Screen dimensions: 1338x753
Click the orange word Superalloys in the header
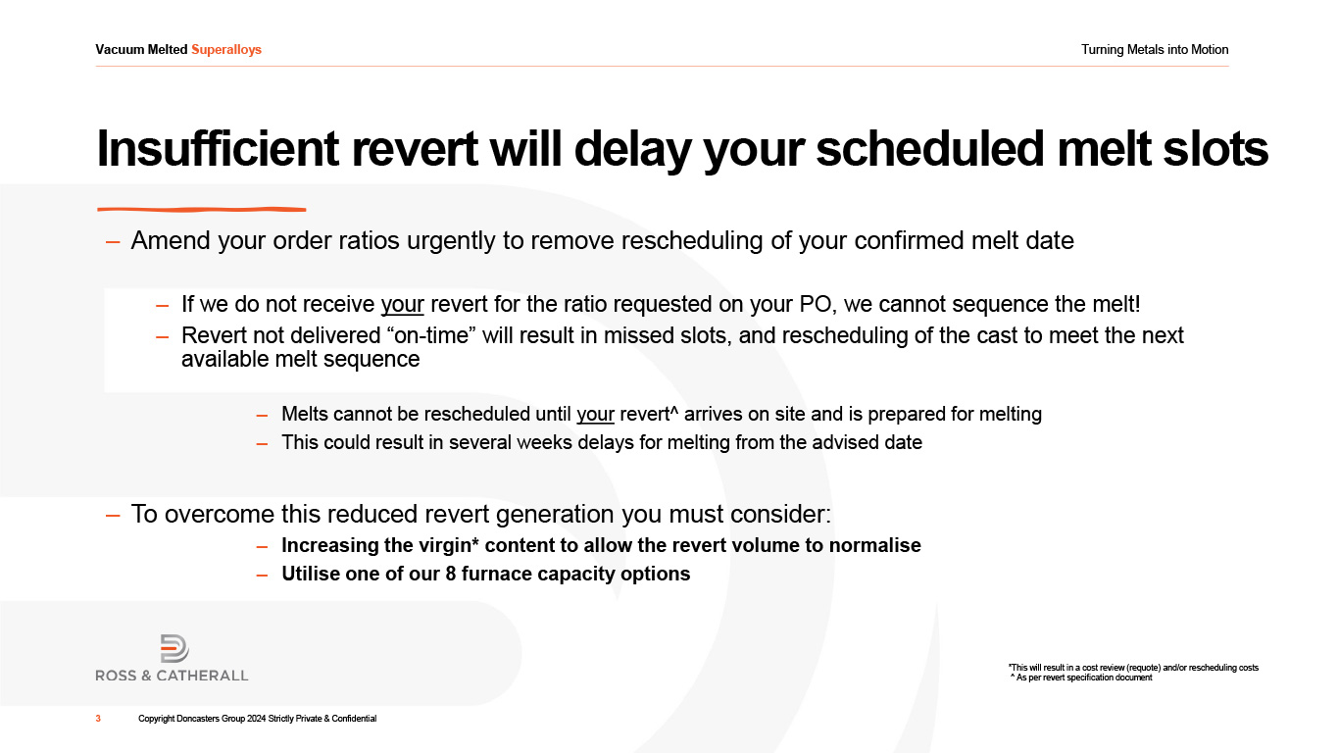(226, 50)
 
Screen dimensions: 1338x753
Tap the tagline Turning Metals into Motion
(1155, 50)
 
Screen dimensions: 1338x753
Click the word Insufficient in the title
(218, 148)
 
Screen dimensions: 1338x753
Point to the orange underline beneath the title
(201, 209)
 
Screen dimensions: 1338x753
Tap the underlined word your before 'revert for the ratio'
(403, 305)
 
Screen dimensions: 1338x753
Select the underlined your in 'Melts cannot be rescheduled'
(596, 414)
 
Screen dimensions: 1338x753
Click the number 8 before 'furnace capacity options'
(451, 574)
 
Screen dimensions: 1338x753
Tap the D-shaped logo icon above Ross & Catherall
(174, 648)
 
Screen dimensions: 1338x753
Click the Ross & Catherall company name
(173, 676)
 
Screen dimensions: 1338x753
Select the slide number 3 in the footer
(98, 719)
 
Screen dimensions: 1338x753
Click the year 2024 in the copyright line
(256, 719)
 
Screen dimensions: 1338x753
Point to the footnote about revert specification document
(1082, 678)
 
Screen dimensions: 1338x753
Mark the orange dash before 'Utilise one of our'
(262, 575)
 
